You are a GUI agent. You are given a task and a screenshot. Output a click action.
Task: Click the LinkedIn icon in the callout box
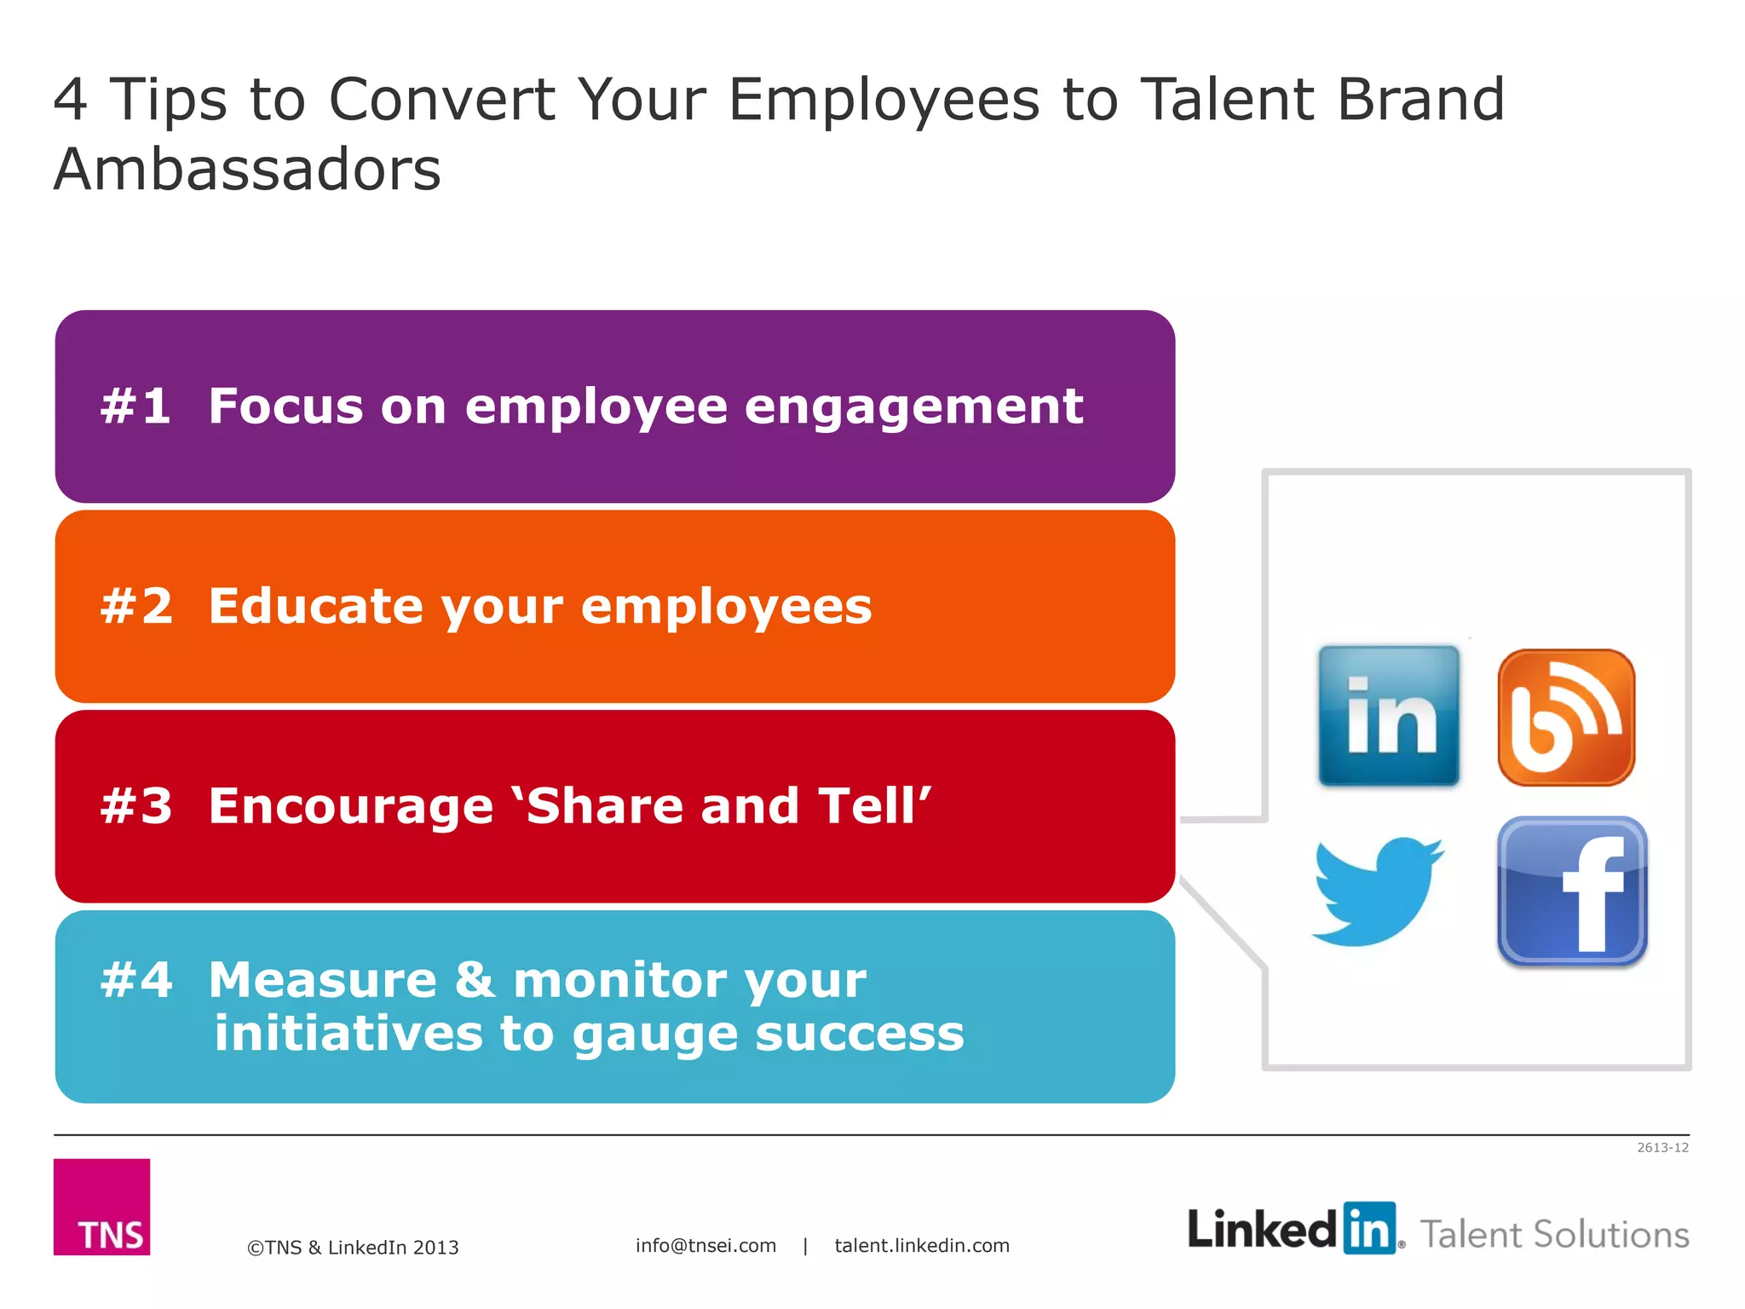coord(1388,715)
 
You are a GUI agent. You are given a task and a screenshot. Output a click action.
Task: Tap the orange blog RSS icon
coord(1566,717)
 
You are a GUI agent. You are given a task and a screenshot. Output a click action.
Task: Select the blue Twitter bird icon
coord(1378,891)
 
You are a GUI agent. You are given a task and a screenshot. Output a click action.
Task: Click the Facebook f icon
coord(1572,891)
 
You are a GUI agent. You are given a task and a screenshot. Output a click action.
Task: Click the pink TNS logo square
coord(101,1206)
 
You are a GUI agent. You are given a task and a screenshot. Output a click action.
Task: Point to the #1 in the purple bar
coord(135,406)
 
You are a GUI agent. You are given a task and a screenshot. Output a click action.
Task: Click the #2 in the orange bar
coord(136,606)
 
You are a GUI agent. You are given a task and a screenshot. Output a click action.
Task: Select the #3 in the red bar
coord(136,806)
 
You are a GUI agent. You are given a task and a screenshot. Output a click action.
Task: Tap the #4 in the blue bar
coord(136,980)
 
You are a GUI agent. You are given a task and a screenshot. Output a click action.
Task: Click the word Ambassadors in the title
coord(247,169)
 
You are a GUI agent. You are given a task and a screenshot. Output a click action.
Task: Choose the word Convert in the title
coord(441,100)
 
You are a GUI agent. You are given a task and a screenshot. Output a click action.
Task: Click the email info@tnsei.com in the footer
coord(705,1245)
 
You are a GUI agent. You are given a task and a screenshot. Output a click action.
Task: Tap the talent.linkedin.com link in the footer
coord(922,1245)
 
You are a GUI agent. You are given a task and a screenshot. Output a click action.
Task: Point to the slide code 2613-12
coord(1662,1147)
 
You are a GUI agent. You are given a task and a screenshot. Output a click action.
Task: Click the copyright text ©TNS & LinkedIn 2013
coord(353,1247)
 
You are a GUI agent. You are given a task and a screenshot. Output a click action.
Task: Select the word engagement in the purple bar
coord(913,407)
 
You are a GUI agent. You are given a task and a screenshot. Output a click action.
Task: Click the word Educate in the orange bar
coord(316,606)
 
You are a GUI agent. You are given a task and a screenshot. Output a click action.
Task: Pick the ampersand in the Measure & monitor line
coord(475,980)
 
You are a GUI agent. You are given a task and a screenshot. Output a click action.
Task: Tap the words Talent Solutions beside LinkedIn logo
coord(1554,1234)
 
